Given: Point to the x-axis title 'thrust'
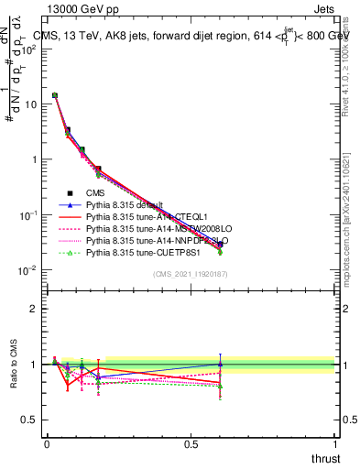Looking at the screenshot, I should point(324,458).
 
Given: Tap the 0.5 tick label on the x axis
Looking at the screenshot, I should point(191,443).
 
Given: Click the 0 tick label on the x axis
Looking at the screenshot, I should point(47,443).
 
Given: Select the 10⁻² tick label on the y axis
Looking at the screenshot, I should point(30,269).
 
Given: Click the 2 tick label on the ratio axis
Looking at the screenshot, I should point(33,309).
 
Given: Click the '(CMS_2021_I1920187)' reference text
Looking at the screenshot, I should point(191,274).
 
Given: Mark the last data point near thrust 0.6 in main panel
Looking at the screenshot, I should point(220,246).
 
